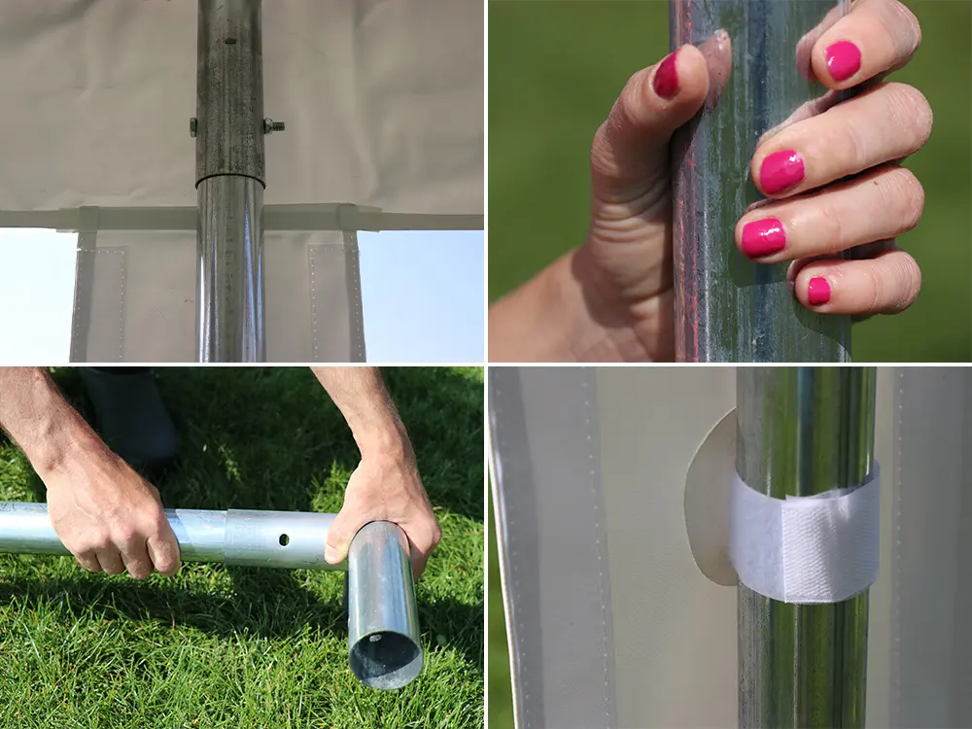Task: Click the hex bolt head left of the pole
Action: [193, 125]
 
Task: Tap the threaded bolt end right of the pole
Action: [274, 125]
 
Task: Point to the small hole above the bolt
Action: [230, 41]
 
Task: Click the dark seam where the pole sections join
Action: [230, 180]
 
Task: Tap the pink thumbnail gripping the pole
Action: [667, 76]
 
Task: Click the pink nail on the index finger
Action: [843, 60]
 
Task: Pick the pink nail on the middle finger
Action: [781, 172]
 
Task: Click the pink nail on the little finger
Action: [818, 291]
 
